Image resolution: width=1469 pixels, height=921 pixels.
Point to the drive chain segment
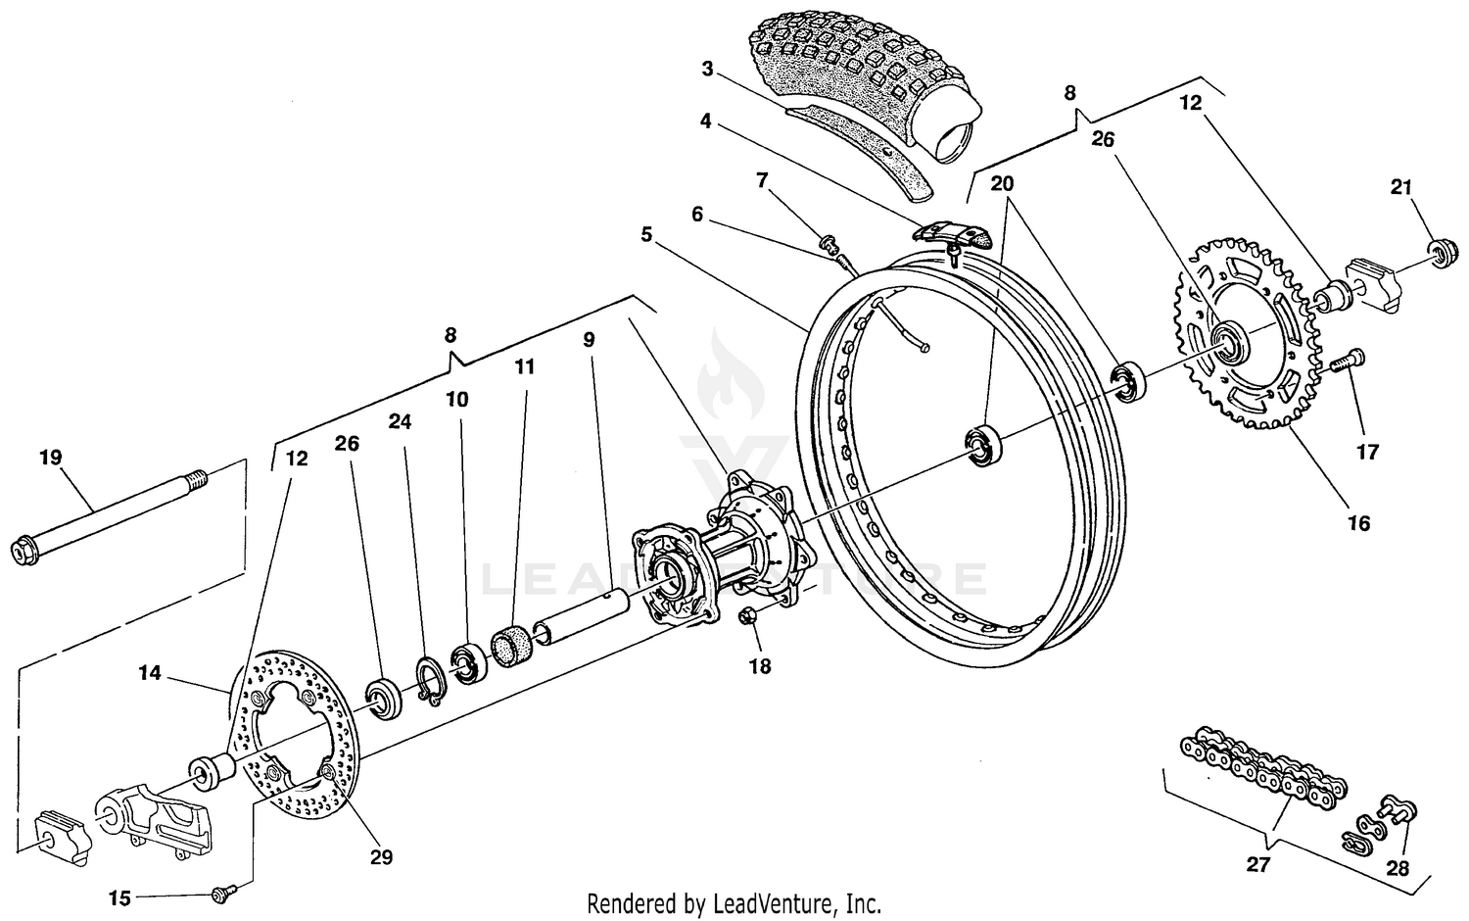pyautogui.click(x=1263, y=769)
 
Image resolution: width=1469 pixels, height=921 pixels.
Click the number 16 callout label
pyautogui.click(x=1358, y=522)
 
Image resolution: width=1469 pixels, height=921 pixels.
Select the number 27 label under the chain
pyautogui.click(x=1257, y=865)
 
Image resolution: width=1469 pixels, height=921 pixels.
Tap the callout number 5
pyautogui.click(x=647, y=234)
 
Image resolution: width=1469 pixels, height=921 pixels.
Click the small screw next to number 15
pyautogui.click(x=220, y=893)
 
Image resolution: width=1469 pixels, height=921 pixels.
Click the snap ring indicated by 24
pyautogui.click(x=430, y=679)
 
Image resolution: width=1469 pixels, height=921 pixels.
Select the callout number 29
pyautogui.click(x=381, y=856)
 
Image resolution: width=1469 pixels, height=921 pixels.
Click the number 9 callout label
pyautogui.click(x=588, y=340)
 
